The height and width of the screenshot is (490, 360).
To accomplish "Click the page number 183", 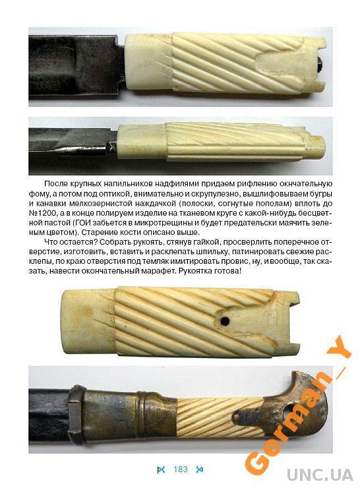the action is [x=180, y=469].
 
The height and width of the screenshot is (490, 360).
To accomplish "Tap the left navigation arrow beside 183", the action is [x=162, y=470].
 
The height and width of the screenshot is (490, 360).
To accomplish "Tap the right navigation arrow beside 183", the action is [x=199, y=470].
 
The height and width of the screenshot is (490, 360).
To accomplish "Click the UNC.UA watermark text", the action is [x=319, y=475].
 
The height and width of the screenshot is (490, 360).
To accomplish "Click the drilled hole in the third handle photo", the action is [x=224, y=321].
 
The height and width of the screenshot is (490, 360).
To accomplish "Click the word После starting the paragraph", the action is [x=56, y=184].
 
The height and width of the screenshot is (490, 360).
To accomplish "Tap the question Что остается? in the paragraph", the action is [x=69, y=242].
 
